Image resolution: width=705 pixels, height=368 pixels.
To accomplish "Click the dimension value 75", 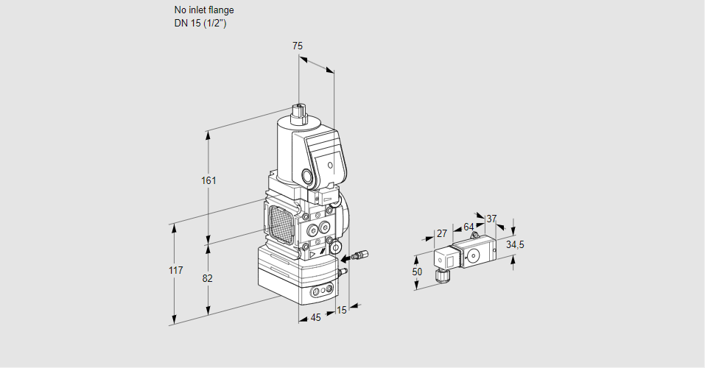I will pos(297,46).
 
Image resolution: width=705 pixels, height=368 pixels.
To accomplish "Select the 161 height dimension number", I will pos(211,180).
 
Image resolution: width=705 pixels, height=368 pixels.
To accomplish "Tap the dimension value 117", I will pos(175,271).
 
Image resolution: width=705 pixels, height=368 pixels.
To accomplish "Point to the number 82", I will pos(208,278).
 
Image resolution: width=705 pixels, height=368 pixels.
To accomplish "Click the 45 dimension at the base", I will pos(315,318).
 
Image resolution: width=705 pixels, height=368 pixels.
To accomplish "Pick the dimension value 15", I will pos(341,310).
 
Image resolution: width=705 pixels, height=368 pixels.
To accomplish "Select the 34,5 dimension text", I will pos(515,244).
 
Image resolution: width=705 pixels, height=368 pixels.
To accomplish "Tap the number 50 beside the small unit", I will pos(417,272).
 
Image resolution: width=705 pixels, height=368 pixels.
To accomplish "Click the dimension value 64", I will pos(469,227).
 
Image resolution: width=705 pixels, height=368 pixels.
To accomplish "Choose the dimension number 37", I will pos(491,219).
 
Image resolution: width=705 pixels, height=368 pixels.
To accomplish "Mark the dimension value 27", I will pos(442,233).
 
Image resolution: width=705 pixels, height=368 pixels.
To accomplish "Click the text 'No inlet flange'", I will pos(204,10).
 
